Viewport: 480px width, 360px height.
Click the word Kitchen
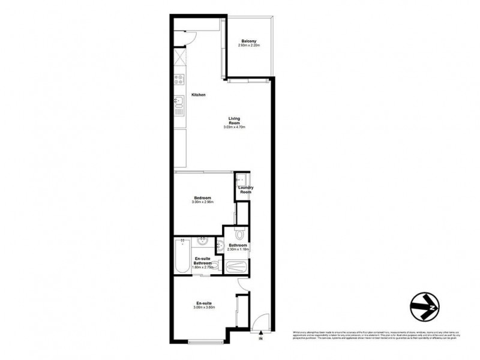[x=199, y=95]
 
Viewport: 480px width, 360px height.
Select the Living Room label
[x=235, y=121]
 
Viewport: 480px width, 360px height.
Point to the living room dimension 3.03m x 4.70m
[x=235, y=128]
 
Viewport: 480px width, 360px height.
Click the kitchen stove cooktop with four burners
[x=180, y=78]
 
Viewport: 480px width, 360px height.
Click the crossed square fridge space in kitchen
[x=180, y=58]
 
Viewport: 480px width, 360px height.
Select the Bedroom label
[x=201, y=197]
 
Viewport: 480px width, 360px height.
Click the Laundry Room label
[x=245, y=190]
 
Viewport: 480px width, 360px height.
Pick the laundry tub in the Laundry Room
[x=241, y=179]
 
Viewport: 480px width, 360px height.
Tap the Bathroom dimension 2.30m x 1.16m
[x=238, y=249]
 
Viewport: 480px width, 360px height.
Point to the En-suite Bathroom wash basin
[x=202, y=242]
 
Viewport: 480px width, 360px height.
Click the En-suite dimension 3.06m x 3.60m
[x=203, y=308]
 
